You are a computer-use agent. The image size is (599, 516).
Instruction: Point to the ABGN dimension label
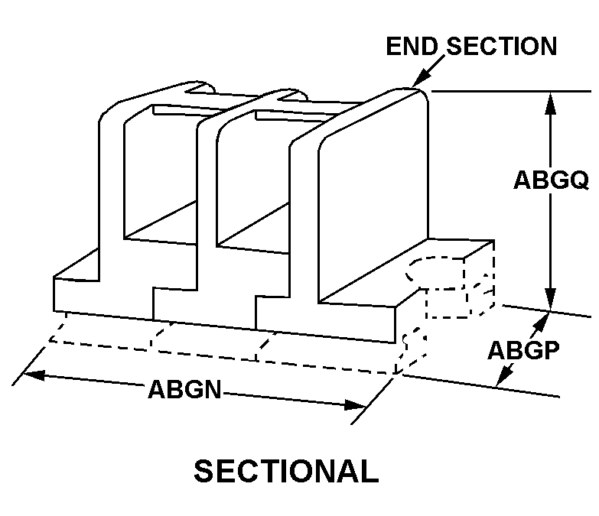[184, 389]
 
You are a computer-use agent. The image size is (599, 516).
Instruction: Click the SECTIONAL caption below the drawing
[285, 471]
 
